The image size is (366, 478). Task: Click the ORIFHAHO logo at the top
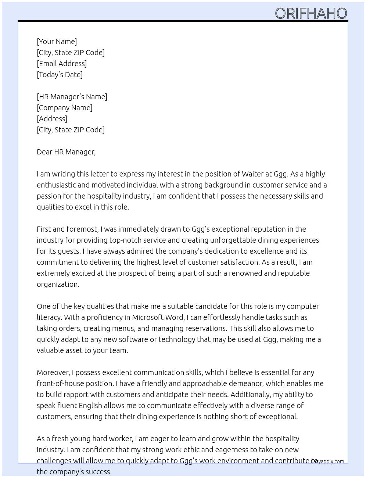tap(311, 14)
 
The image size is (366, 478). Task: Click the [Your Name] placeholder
tap(57, 42)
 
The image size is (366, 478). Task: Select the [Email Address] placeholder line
tap(62, 64)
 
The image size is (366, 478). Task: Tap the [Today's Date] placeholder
tap(60, 75)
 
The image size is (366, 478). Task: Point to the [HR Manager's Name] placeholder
tap(72, 97)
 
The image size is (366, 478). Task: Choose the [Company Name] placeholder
tap(65, 108)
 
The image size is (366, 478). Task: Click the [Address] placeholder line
tap(52, 119)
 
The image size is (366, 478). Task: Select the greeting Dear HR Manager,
tap(66, 152)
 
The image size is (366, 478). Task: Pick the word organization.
tap(58, 284)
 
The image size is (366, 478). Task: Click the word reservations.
tap(204, 328)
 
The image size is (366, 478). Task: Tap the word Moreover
tap(53, 372)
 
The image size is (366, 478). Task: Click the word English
tap(90, 406)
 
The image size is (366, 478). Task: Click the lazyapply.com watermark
tap(328, 461)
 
